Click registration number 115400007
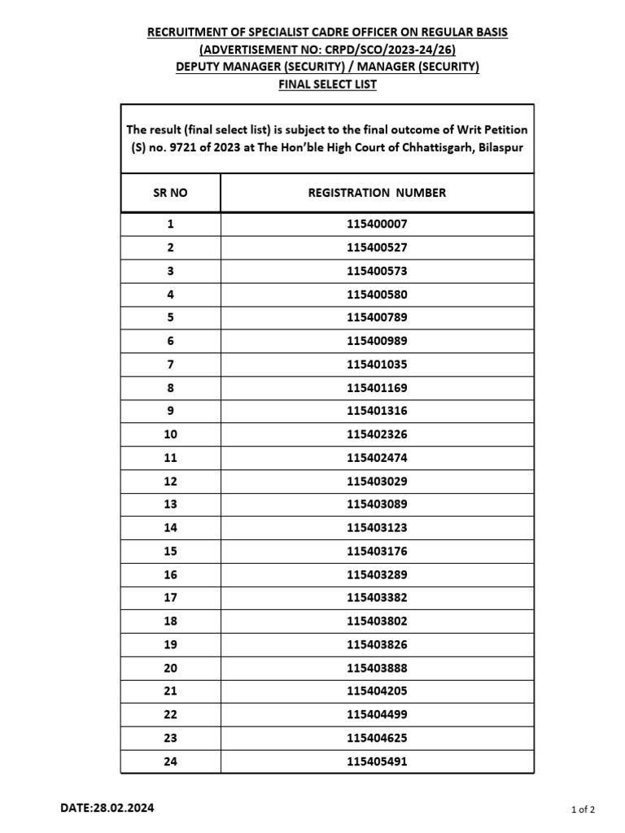click(377, 224)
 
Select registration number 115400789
click(377, 317)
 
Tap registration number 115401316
click(377, 411)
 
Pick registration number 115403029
click(377, 481)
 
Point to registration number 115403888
click(377, 668)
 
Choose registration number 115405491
click(377, 761)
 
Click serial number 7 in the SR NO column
click(170, 364)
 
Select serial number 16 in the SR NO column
click(170, 574)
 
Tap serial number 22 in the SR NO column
click(170, 715)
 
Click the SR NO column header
click(170, 193)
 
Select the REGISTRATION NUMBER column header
click(377, 193)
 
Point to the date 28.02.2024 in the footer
click(121, 808)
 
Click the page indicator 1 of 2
click(583, 809)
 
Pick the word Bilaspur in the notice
click(499, 147)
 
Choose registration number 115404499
click(377, 715)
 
